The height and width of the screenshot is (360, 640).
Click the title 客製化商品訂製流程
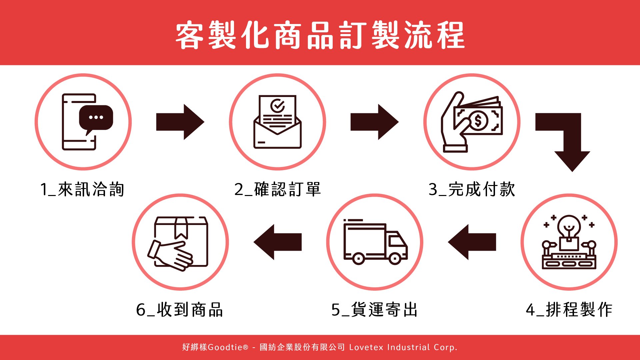(320, 35)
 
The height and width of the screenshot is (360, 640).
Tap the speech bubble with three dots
(96, 118)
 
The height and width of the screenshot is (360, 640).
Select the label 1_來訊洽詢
(82, 189)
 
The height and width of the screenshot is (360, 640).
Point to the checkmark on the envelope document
(277, 106)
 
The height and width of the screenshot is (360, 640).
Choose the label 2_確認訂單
(277, 189)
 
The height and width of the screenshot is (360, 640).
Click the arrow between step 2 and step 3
(374, 122)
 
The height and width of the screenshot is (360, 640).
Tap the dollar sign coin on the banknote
(478, 121)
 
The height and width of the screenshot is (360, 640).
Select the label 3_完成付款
(472, 189)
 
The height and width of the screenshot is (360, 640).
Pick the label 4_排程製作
(569, 310)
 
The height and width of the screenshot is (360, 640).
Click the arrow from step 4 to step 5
(472, 242)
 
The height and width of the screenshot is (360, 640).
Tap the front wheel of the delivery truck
(395, 258)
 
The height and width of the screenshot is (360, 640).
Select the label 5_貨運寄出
(374, 310)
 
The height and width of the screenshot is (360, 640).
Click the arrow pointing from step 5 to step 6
(277, 242)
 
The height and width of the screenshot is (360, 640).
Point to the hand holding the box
(170, 255)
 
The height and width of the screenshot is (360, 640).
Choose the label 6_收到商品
(179, 310)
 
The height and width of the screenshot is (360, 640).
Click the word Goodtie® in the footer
(228, 347)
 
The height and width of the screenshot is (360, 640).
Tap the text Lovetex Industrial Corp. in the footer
(403, 347)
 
